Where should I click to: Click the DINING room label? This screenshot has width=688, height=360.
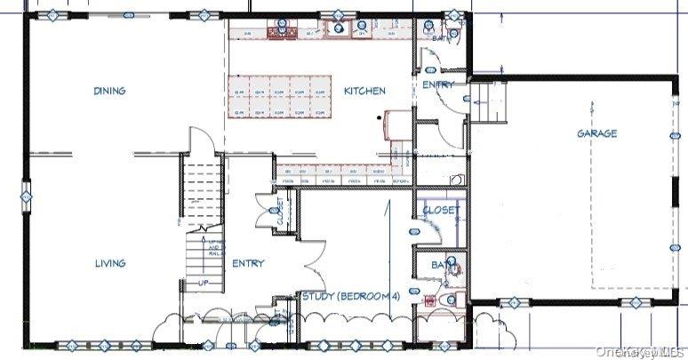(109, 91)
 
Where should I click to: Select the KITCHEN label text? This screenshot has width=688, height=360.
(364, 91)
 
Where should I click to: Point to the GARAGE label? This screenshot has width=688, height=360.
(596, 133)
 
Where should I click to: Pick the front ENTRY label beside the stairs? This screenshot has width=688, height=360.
(248, 263)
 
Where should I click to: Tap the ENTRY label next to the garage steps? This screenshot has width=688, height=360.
(437, 84)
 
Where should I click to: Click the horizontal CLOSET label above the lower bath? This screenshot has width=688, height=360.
(441, 211)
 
